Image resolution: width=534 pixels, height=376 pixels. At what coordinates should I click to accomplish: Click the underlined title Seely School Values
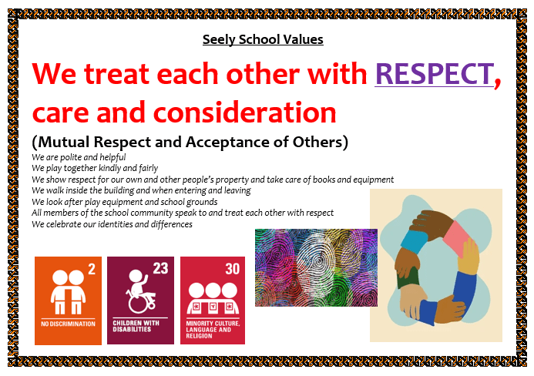click(x=263, y=39)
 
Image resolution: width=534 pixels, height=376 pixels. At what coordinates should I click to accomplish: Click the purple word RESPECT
click(x=435, y=74)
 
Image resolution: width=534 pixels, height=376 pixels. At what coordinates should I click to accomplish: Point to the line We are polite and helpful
click(x=79, y=157)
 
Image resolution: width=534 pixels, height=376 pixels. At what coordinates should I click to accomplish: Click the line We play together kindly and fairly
click(x=95, y=168)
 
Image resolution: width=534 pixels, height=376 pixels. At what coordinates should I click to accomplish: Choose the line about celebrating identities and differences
click(x=112, y=224)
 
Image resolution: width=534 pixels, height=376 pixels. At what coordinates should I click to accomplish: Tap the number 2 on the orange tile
click(x=92, y=269)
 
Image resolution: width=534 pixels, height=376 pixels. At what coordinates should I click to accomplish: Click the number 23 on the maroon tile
click(x=160, y=268)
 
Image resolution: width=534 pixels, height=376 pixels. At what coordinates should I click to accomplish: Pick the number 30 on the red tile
click(x=233, y=269)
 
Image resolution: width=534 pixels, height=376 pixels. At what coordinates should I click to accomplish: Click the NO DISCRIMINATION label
click(x=68, y=324)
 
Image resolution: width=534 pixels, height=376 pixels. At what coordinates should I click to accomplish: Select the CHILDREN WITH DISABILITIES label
click(x=136, y=326)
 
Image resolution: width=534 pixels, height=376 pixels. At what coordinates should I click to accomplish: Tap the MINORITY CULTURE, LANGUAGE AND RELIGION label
click(x=213, y=329)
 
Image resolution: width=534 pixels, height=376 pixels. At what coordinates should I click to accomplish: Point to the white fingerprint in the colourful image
click(x=316, y=262)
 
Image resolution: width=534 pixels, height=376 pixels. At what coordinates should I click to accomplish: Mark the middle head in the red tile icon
click(x=213, y=290)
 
